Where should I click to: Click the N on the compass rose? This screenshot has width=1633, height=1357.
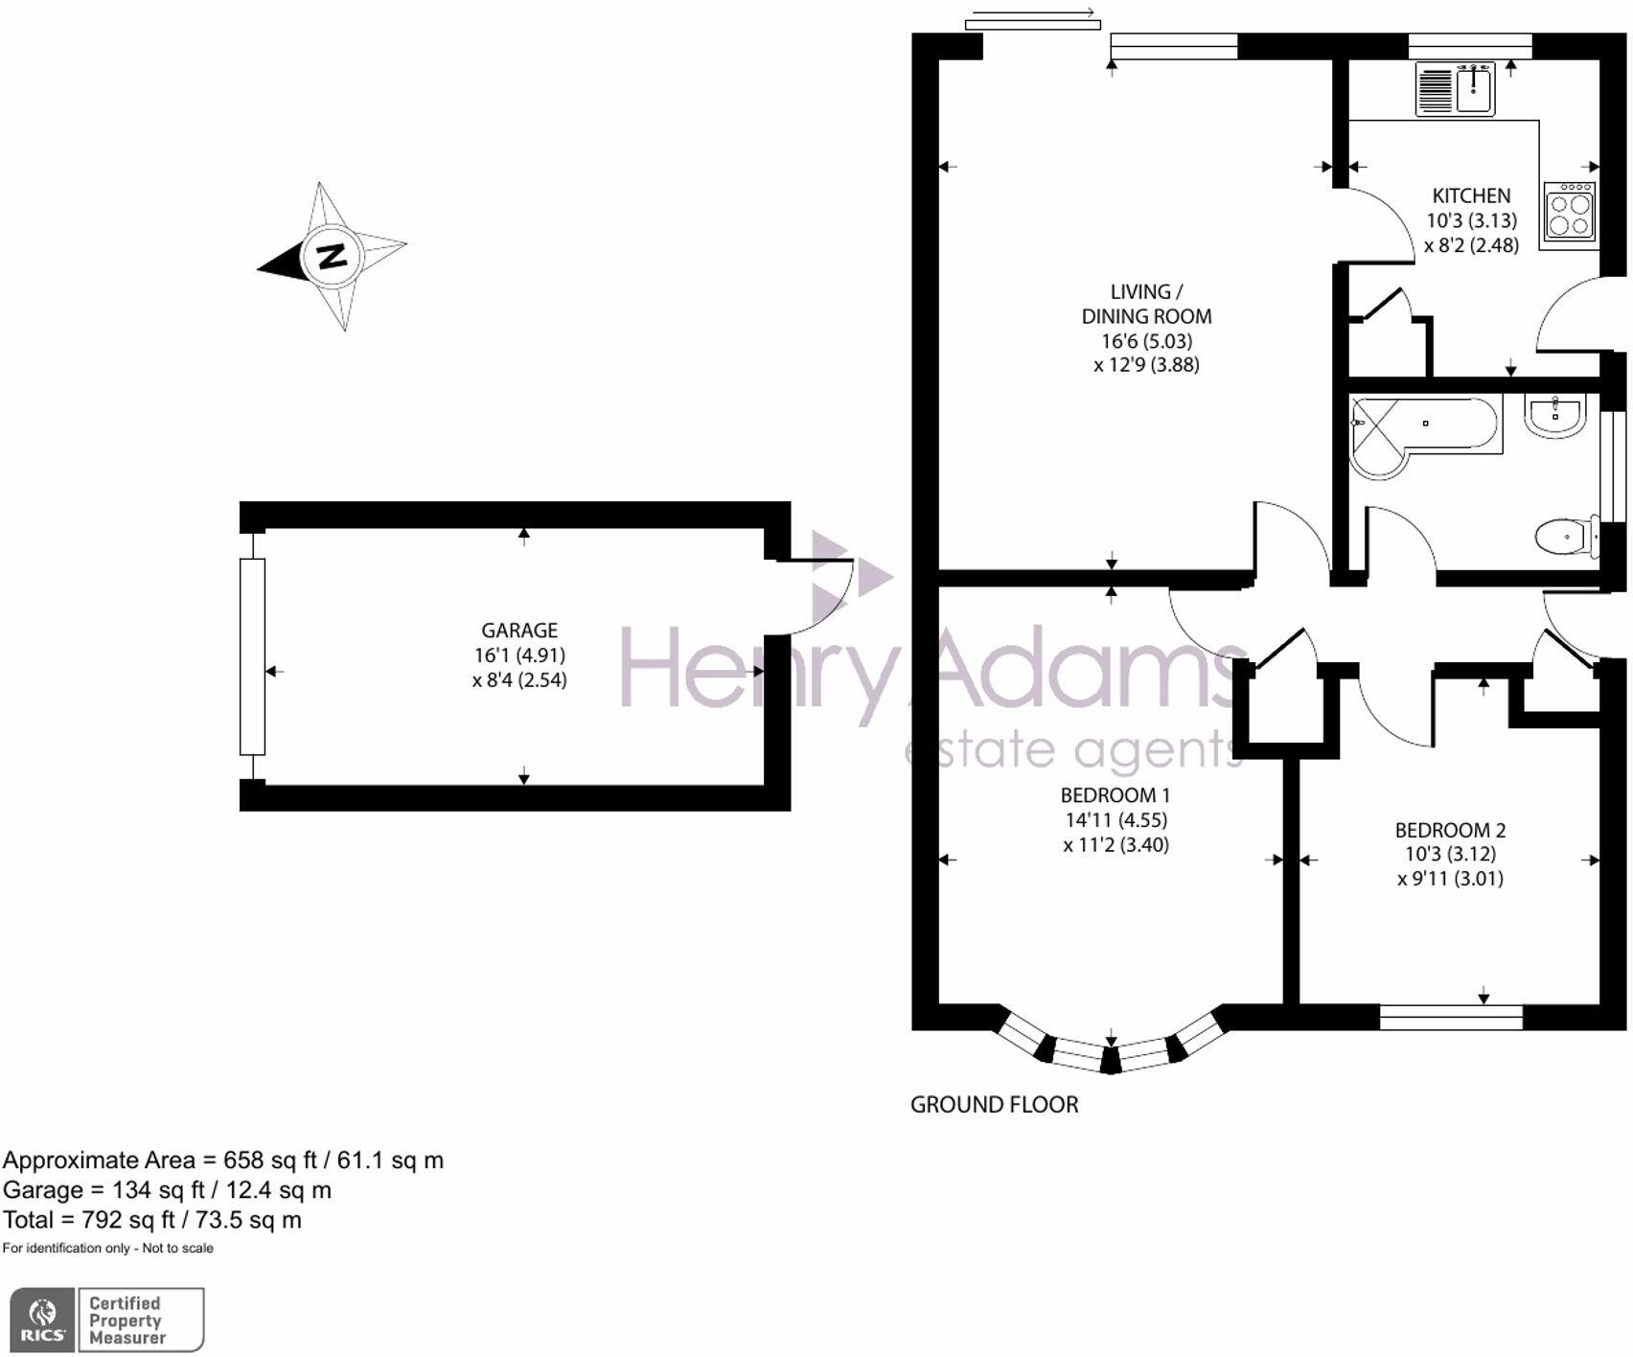[x=332, y=257]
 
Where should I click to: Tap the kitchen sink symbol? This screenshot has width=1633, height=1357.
[x=1455, y=89]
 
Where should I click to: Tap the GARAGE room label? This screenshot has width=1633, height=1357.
[x=519, y=631]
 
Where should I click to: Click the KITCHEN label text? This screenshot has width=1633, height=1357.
[x=1471, y=195]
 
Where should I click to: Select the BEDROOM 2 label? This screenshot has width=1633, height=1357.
[x=1450, y=830]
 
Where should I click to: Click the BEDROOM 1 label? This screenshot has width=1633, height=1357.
[x=1115, y=795]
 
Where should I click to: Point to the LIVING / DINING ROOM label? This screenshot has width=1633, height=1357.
[x=1146, y=304]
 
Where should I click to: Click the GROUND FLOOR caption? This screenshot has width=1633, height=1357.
[x=994, y=1105]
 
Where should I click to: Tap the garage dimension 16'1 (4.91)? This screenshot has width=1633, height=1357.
[x=519, y=655]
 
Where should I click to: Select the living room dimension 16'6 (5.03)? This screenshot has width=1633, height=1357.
[x=1146, y=341]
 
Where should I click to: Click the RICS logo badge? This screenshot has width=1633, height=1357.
[x=43, y=1320]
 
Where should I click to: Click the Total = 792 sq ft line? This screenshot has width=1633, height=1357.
[x=152, y=1220]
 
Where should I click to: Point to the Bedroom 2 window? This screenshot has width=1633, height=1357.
[x=1451, y=1018]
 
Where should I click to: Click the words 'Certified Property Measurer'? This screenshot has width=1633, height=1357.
[x=127, y=1320]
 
